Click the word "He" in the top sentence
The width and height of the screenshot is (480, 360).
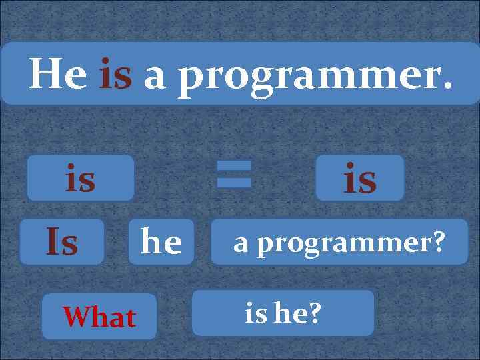pos(57,74)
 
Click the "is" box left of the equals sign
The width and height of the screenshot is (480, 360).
pos(80,178)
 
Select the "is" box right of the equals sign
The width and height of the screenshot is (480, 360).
pos(360,178)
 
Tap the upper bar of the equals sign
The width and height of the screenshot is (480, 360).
pos(233,165)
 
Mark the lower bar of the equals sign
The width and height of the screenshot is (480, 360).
pos(233,182)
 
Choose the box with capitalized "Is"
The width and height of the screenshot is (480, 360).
pos(61,241)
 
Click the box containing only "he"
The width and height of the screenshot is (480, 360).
pos(161,241)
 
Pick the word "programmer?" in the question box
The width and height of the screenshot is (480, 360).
pos(351,244)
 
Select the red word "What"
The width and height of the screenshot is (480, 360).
pos(99,317)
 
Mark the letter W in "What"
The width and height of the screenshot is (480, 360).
pos(75,317)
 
